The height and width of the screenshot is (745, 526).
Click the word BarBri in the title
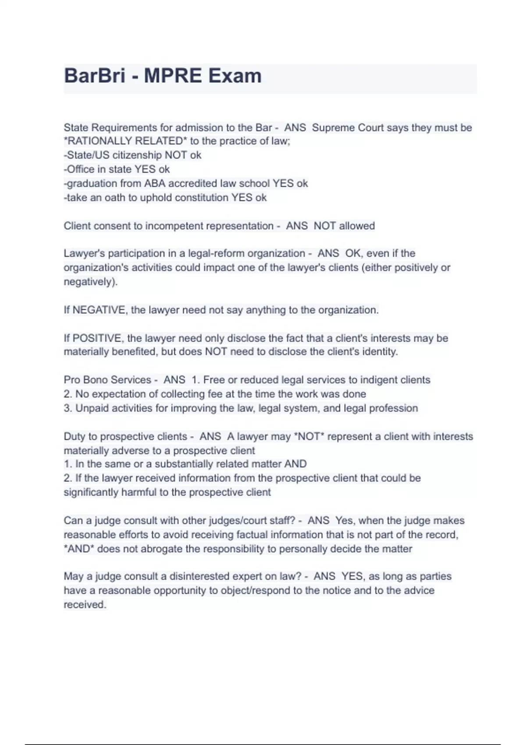pyautogui.click(x=95, y=76)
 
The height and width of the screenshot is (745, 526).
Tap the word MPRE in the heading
pyautogui.click(x=172, y=76)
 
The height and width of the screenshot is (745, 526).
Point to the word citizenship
pyautogui.click(x=137, y=155)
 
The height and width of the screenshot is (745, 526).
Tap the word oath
pyautogui.click(x=115, y=198)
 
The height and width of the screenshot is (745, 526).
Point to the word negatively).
pyautogui.click(x=91, y=281)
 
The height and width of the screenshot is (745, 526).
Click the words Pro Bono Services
pyautogui.click(x=107, y=380)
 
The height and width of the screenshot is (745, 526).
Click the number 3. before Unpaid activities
pyautogui.click(x=68, y=408)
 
